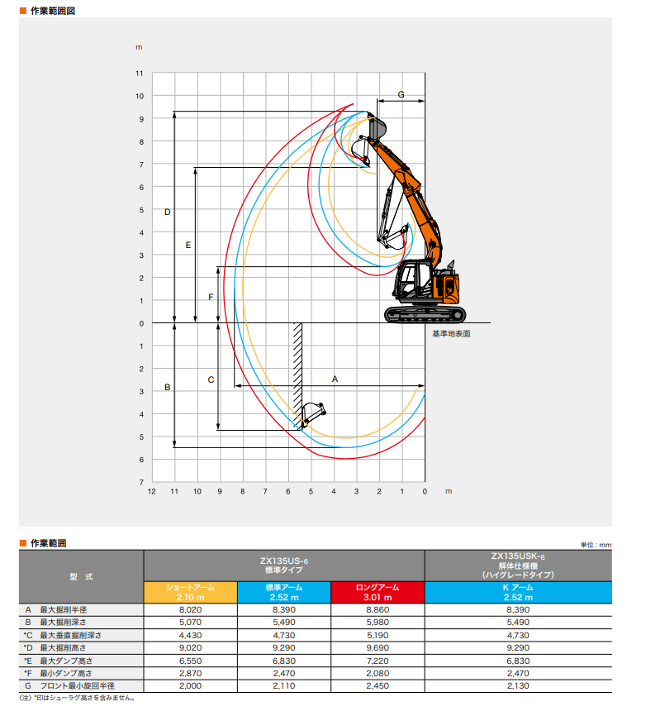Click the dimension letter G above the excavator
point(401,94)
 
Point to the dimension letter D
point(167,212)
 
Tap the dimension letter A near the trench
point(335,379)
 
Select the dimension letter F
point(211,297)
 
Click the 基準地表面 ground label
point(451,334)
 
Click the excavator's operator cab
point(413,280)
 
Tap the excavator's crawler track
point(425,314)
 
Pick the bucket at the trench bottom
point(313,414)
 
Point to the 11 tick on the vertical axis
point(139,73)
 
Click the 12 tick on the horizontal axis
point(152,492)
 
